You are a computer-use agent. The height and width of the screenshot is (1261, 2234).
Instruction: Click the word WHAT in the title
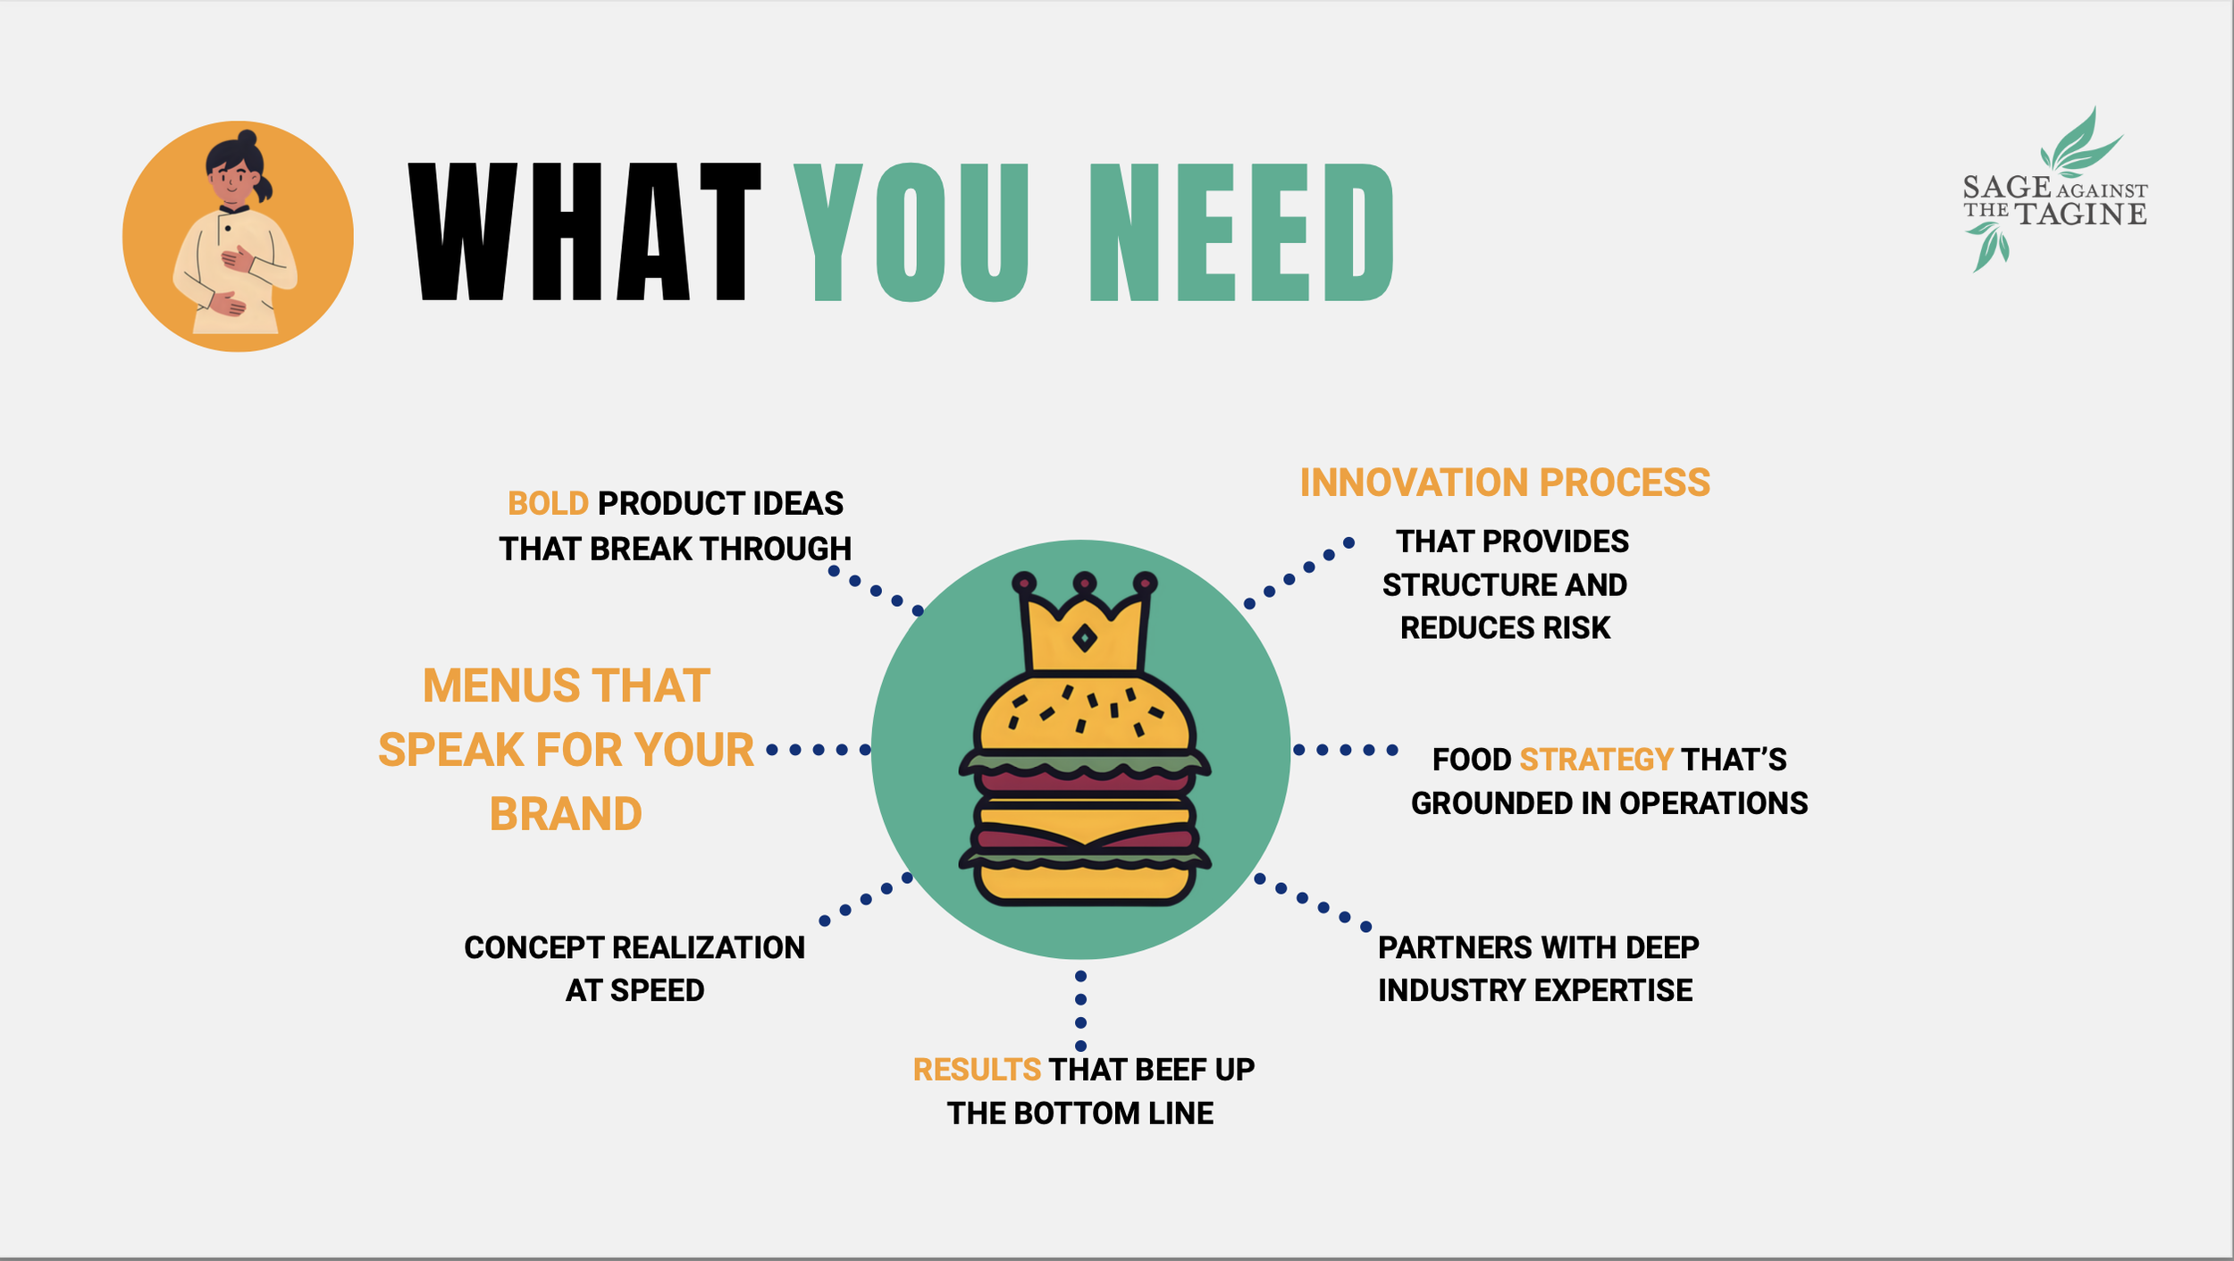coord(585,231)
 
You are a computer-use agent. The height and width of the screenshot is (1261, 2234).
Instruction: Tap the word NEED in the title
coord(1241,232)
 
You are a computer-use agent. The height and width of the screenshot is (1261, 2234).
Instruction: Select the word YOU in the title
coord(911,232)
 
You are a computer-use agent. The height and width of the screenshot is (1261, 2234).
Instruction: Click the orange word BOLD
coord(548,503)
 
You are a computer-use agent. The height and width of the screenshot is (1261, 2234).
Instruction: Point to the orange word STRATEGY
coord(1596,760)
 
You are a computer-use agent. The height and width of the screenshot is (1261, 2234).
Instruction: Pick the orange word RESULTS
coord(976,1070)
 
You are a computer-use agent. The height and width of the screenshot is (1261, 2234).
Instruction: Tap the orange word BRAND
coord(566,814)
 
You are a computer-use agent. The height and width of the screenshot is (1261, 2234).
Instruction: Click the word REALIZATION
coord(708,947)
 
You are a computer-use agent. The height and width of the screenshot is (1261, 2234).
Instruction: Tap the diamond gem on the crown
coord(1084,638)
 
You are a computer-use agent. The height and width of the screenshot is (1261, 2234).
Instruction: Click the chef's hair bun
coord(248,139)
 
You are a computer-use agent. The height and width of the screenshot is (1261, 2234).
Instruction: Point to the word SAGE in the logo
coord(2006,187)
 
